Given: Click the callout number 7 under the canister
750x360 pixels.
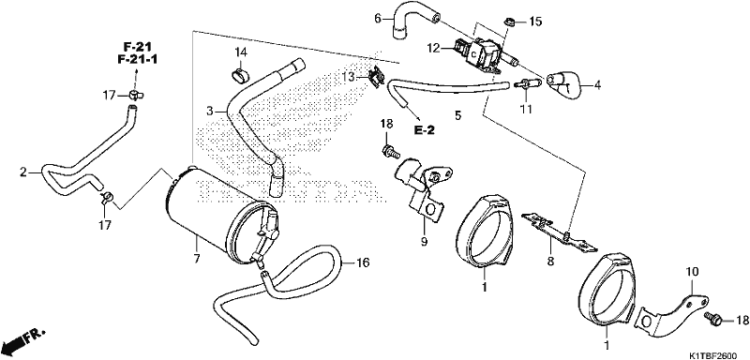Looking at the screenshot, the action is (197, 259).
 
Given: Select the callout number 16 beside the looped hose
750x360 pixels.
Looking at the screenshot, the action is (364, 262).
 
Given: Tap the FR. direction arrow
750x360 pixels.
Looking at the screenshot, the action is (23, 338).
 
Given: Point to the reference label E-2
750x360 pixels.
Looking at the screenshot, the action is (424, 129).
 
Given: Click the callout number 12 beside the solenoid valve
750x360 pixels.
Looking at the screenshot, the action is (433, 49).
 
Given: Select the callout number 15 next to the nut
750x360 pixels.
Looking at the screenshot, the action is (535, 22).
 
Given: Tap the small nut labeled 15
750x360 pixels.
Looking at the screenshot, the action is (510, 21).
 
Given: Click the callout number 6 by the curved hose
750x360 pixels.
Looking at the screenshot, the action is (378, 19).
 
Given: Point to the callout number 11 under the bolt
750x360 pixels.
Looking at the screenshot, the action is (526, 110).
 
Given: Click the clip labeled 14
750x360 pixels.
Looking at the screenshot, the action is (241, 74).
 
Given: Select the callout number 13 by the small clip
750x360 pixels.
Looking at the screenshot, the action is (350, 77).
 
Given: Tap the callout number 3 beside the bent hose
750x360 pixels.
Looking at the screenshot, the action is (209, 111).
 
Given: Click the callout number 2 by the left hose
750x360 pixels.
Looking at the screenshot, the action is (22, 172).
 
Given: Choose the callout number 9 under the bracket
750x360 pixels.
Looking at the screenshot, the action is (424, 242).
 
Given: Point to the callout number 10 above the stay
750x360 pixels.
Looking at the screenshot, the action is (692, 272).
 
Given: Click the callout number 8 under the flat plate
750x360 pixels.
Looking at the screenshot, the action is (550, 261).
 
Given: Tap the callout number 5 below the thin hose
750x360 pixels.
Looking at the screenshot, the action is (458, 115).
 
